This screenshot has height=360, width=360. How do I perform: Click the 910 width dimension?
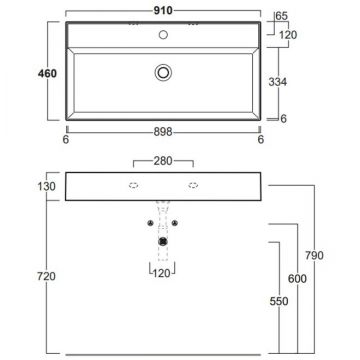[x=163, y=11]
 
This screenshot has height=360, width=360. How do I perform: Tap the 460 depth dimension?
[x=47, y=74]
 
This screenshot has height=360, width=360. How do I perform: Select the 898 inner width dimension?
[x=163, y=132]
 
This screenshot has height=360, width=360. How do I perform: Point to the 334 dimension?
[x=278, y=82]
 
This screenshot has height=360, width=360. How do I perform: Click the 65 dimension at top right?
[x=282, y=16]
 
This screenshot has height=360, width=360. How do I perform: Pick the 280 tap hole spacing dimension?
[x=163, y=161]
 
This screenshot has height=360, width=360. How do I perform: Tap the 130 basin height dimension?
[x=47, y=186]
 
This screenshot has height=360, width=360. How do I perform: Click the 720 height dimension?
[x=47, y=276]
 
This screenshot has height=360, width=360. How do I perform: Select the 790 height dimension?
[x=314, y=256]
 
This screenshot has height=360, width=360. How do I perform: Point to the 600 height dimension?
[x=297, y=279]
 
